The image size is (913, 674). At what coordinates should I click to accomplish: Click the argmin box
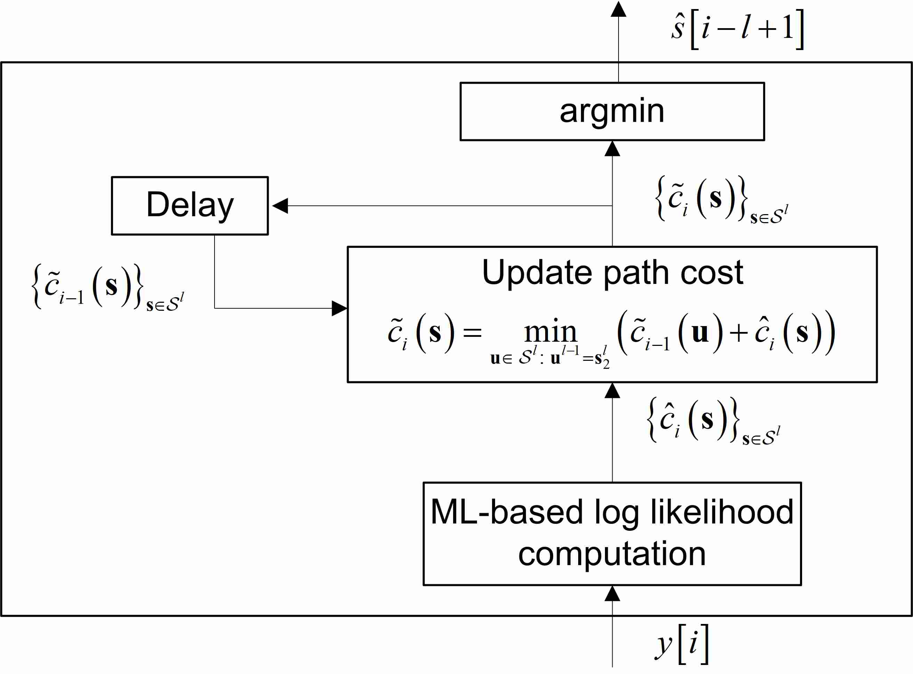pyautogui.click(x=612, y=111)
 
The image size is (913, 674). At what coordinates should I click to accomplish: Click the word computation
pyautogui.click(x=612, y=554)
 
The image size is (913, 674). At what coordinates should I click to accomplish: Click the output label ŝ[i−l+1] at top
pyautogui.click(x=737, y=29)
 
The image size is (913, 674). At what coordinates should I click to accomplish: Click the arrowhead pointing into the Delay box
pyautogui.click(x=280, y=206)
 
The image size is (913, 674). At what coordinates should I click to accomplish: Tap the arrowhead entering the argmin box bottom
pyautogui.click(x=612, y=149)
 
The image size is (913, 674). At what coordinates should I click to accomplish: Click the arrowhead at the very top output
pyautogui.click(x=618, y=9)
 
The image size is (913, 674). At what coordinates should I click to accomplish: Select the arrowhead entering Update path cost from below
pyautogui.click(x=612, y=391)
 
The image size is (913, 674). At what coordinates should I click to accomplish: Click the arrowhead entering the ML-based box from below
pyautogui.click(x=612, y=594)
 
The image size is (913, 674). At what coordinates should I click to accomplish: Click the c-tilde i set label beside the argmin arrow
pyautogui.click(x=721, y=199)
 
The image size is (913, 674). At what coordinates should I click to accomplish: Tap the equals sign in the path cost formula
pyautogui.click(x=472, y=333)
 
